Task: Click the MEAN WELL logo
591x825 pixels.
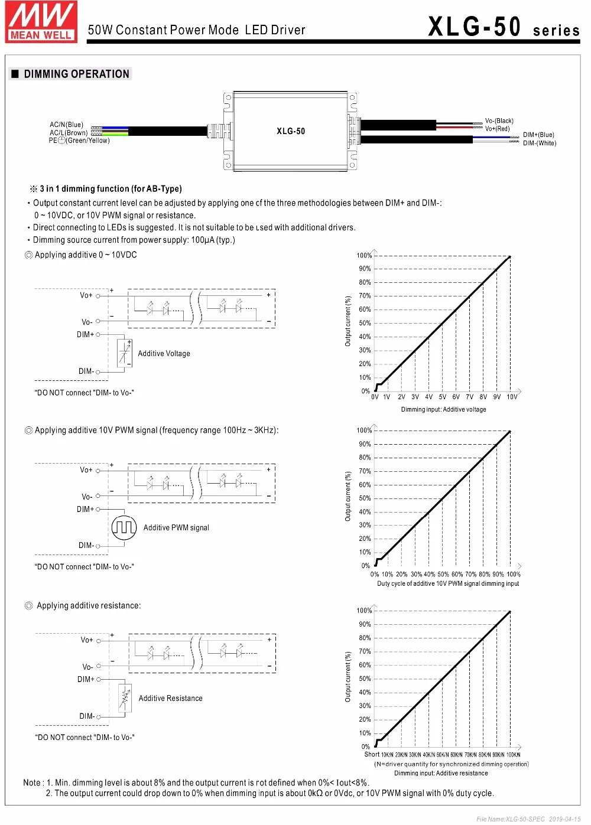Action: pyautogui.click(x=41, y=22)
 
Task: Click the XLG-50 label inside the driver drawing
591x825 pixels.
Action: pyautogui.click(x=291, y=131)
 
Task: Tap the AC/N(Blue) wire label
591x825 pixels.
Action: pyautogui.click(x=66, y=125)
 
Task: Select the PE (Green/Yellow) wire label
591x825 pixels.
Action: pyautogui.click(x=79, y=141)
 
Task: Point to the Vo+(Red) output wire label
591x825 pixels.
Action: pyautogui.click(x=497, y=129)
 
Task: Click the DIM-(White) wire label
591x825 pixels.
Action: pyautogui.click(x=539, y=143)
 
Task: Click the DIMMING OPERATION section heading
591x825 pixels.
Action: pyautogui.click(x=76, y=74)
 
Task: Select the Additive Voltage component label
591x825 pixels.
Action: pyautogui.click(x=164, y=354)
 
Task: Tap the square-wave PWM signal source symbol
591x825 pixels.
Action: pyautogui.click(x=124, y=527)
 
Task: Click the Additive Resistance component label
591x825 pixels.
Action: pyautogui.click(x=170, y=699)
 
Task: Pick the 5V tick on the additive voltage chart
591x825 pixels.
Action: pyautogui.click(x=442, y=397)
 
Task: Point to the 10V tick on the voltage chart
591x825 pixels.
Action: pyautogui.click(x=512, y=397)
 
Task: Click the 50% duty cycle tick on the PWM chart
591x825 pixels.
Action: pyautogui.click(x=443, y=574)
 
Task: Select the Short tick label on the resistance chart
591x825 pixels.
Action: pyautogui.click(x=372, y=754)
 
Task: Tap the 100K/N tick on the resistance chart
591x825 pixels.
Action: pyautogui.click(x=513, y=755)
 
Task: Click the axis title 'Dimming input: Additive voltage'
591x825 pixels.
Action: pyautogui.click(x=443, y=409)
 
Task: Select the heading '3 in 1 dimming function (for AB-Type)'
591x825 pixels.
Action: pyautogui.click(x=111, y=189)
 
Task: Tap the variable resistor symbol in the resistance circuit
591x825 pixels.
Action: pyautogui.click(x=124, y=699)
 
